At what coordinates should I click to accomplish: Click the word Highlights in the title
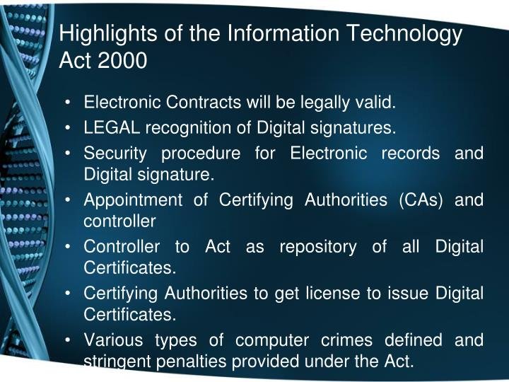[x=107, y=33]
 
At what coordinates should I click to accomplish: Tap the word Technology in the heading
[x=404, y=33]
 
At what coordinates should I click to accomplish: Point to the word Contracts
[x=204, y=102]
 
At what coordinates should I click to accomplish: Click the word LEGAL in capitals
[x=112, y=127]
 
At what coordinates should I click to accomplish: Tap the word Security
[x=115, y=154]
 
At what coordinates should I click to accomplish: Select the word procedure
[x=201, y=154]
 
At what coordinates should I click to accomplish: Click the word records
[x=410, y=153]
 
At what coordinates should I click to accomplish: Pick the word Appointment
[x=133, y=199]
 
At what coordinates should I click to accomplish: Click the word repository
[x=318, y=247]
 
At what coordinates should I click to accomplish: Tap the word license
[x=333, y=293]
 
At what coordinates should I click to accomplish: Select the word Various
[x=113, y=340]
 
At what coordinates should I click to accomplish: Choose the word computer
[x=272, y=341]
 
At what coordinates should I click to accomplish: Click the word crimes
[x=346, y=340]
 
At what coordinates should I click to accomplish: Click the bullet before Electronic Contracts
[x=68, y=103]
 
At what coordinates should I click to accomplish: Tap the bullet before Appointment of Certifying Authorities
[x=68, y=200]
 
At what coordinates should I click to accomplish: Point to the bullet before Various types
[x=68, y=340]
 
